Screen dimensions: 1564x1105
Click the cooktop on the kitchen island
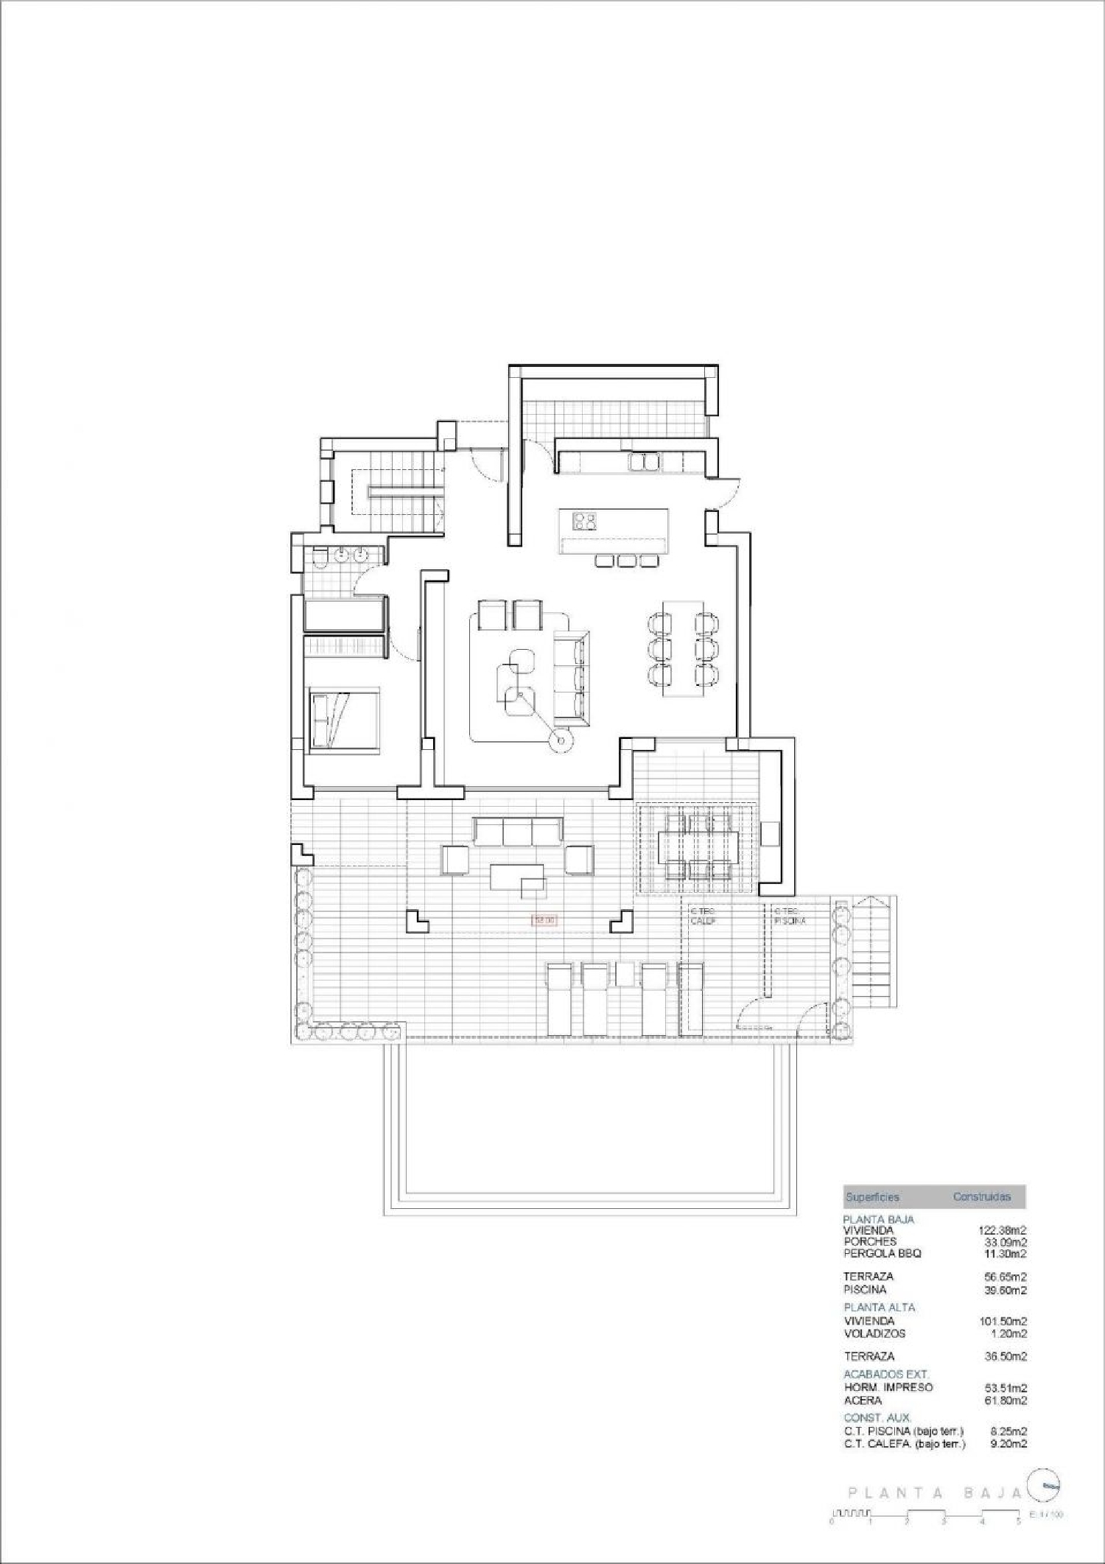pos(585,521)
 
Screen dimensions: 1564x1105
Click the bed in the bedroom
pos(344,719)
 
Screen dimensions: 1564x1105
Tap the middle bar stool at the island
pos(626,561)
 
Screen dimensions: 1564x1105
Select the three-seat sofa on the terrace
pos(518,832)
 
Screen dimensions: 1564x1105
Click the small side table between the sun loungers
pos(624,974)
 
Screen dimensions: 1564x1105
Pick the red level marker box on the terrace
pos(544,919)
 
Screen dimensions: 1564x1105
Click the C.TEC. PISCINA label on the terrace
pos(790,916)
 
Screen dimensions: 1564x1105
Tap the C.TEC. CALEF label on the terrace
pos(703,916)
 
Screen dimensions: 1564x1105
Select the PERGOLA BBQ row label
pos(883,1253)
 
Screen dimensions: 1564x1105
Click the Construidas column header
pos(981,1197)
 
